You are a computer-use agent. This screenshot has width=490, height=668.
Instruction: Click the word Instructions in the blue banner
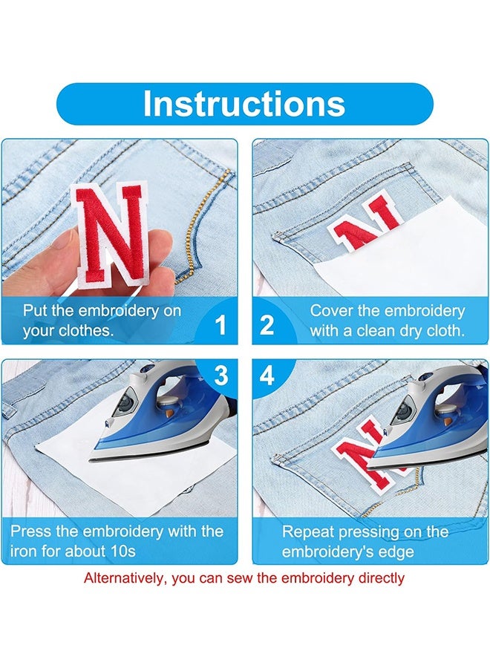(244, 103)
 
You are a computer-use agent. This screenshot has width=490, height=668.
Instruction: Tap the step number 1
(220, 325)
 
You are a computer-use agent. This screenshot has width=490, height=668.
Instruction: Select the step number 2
(267, 325)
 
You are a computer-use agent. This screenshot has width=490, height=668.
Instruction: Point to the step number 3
(220, 376)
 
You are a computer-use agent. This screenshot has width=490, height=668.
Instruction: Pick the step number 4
(267, 376)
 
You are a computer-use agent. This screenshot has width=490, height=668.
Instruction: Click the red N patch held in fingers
(111, 234)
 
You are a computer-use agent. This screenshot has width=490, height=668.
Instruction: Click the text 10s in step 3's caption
(123, 551)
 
